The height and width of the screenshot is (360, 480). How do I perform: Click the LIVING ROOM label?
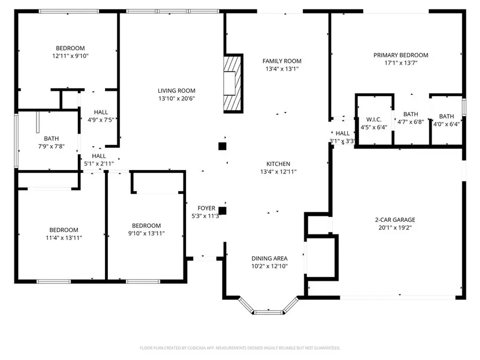click(176, 91)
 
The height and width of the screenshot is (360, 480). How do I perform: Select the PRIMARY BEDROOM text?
click(401, 55)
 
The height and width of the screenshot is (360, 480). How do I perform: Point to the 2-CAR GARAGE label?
click(395, 219)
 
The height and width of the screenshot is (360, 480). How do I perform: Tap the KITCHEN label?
click(278, 164)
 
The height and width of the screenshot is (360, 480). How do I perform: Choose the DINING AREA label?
click(269, 258)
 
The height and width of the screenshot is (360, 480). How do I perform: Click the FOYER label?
click(206, 208)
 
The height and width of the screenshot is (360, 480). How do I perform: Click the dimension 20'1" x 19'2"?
click(395, 227)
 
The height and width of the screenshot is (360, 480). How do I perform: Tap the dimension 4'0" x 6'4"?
click(446, 124)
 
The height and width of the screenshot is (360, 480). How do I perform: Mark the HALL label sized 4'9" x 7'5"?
click(101, 112)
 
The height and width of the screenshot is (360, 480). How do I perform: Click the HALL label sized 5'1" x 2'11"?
click(95, 156)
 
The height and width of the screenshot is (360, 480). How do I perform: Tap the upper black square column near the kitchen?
click(222, 146)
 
